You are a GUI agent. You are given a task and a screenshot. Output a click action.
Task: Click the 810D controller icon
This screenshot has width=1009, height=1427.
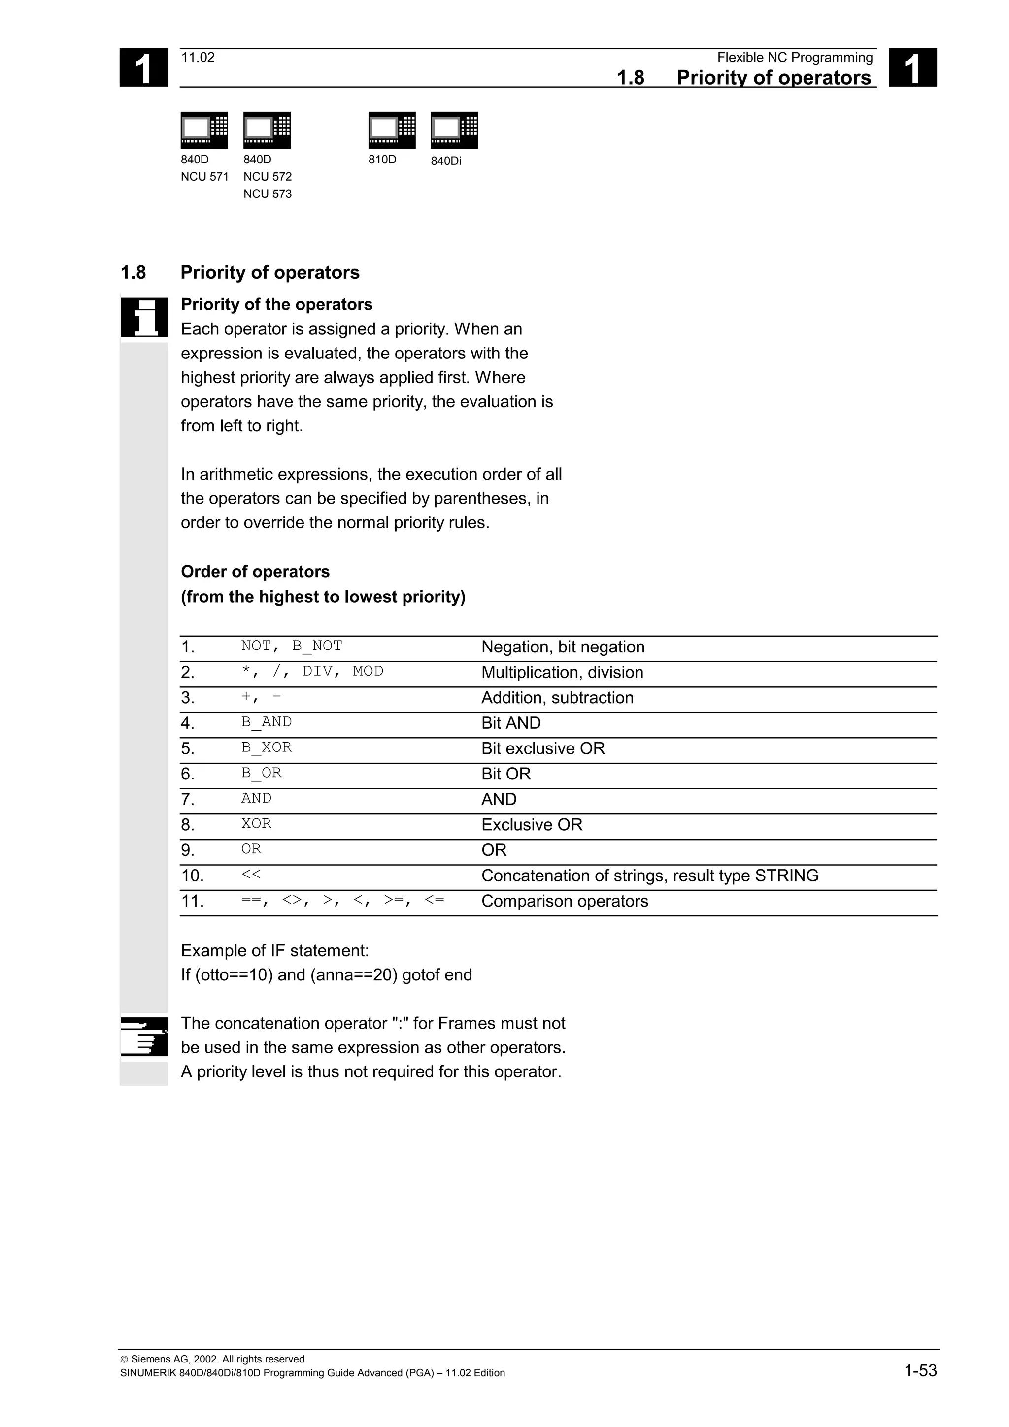(x=392, y=130)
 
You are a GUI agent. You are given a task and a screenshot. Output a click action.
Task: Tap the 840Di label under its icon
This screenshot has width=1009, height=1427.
(x=446, y=161)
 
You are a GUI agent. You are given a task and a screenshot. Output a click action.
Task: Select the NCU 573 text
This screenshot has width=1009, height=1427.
(x=268, y=194)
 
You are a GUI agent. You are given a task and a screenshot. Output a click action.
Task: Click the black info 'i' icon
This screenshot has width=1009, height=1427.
(x=144, y=317)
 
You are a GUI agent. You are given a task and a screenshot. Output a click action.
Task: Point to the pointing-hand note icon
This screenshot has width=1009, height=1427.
(x=144, y=1036)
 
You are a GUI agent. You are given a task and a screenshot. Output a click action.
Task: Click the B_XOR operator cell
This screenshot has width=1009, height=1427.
(x=266, y=747)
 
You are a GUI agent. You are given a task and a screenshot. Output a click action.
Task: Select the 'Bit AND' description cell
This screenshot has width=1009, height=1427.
(x=511, y=723)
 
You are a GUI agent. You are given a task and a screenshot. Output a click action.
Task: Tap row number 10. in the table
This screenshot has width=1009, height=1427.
(x=193, y=876)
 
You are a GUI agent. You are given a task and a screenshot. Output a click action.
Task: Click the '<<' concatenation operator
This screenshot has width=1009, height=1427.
(x=251, y=875)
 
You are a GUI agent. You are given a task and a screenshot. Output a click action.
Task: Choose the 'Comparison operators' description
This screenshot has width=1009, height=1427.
(x=565, y=901)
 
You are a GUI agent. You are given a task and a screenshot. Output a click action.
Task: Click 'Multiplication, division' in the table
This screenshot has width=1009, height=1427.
(x=562, y=673)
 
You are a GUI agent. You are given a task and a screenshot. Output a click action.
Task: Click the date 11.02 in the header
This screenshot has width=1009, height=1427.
(x=198, y=58)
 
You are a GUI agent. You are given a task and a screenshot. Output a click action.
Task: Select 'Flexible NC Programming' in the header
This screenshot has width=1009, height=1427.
(x=795, y=58)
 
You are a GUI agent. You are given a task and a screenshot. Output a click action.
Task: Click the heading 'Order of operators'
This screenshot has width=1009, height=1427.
(x=255, y=572)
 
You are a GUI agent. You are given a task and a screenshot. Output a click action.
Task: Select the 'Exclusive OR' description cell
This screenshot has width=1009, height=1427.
(x=532, y=825)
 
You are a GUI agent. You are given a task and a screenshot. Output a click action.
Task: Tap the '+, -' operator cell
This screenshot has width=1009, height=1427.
(x=261, y=697)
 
